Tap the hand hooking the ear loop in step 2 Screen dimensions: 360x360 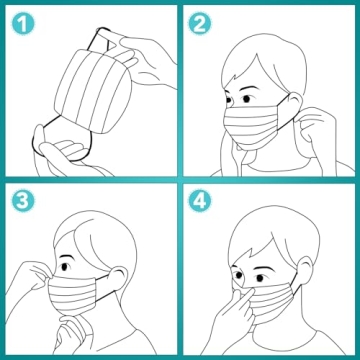(x=318, y=125)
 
